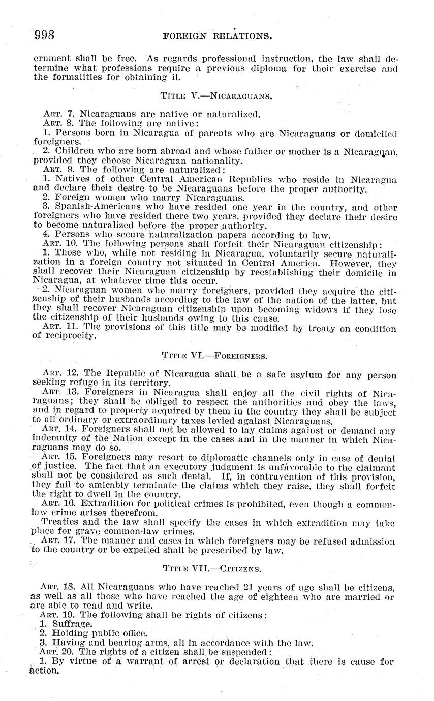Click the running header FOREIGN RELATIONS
217,36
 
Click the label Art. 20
58,652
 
